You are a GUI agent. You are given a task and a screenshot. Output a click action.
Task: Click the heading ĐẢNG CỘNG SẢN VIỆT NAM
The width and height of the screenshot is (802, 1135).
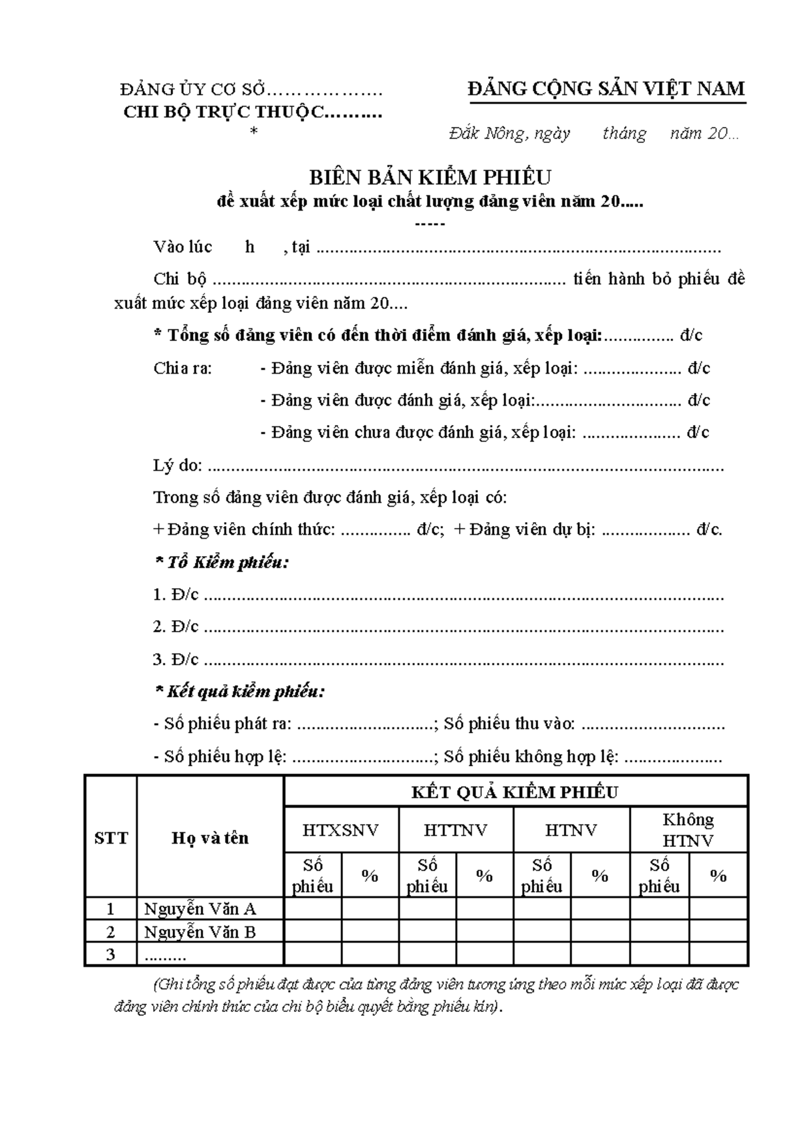(606, 89)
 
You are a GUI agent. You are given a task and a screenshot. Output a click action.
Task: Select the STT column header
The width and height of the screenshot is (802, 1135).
(111, 838)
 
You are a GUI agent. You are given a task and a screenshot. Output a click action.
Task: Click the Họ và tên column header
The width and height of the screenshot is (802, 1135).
(210, 838)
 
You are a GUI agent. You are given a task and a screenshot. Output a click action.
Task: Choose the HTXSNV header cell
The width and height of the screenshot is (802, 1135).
(341, 830)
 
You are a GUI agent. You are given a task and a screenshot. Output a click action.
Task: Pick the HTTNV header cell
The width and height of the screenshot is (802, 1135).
(456, 830)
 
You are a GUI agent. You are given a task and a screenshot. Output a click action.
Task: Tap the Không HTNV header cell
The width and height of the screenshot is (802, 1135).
(688, 830)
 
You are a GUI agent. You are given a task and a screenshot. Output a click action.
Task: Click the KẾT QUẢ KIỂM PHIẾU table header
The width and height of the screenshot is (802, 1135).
(515, 793)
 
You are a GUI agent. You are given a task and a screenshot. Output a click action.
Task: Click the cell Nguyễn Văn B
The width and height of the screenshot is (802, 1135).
(200, 932)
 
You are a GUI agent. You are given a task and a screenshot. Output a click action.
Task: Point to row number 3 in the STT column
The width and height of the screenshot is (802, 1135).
(111, 955)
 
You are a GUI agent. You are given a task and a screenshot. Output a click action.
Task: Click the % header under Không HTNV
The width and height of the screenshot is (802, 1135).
(718, 876)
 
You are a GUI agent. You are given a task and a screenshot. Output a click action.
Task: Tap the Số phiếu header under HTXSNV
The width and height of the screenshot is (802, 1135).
(313, 876)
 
